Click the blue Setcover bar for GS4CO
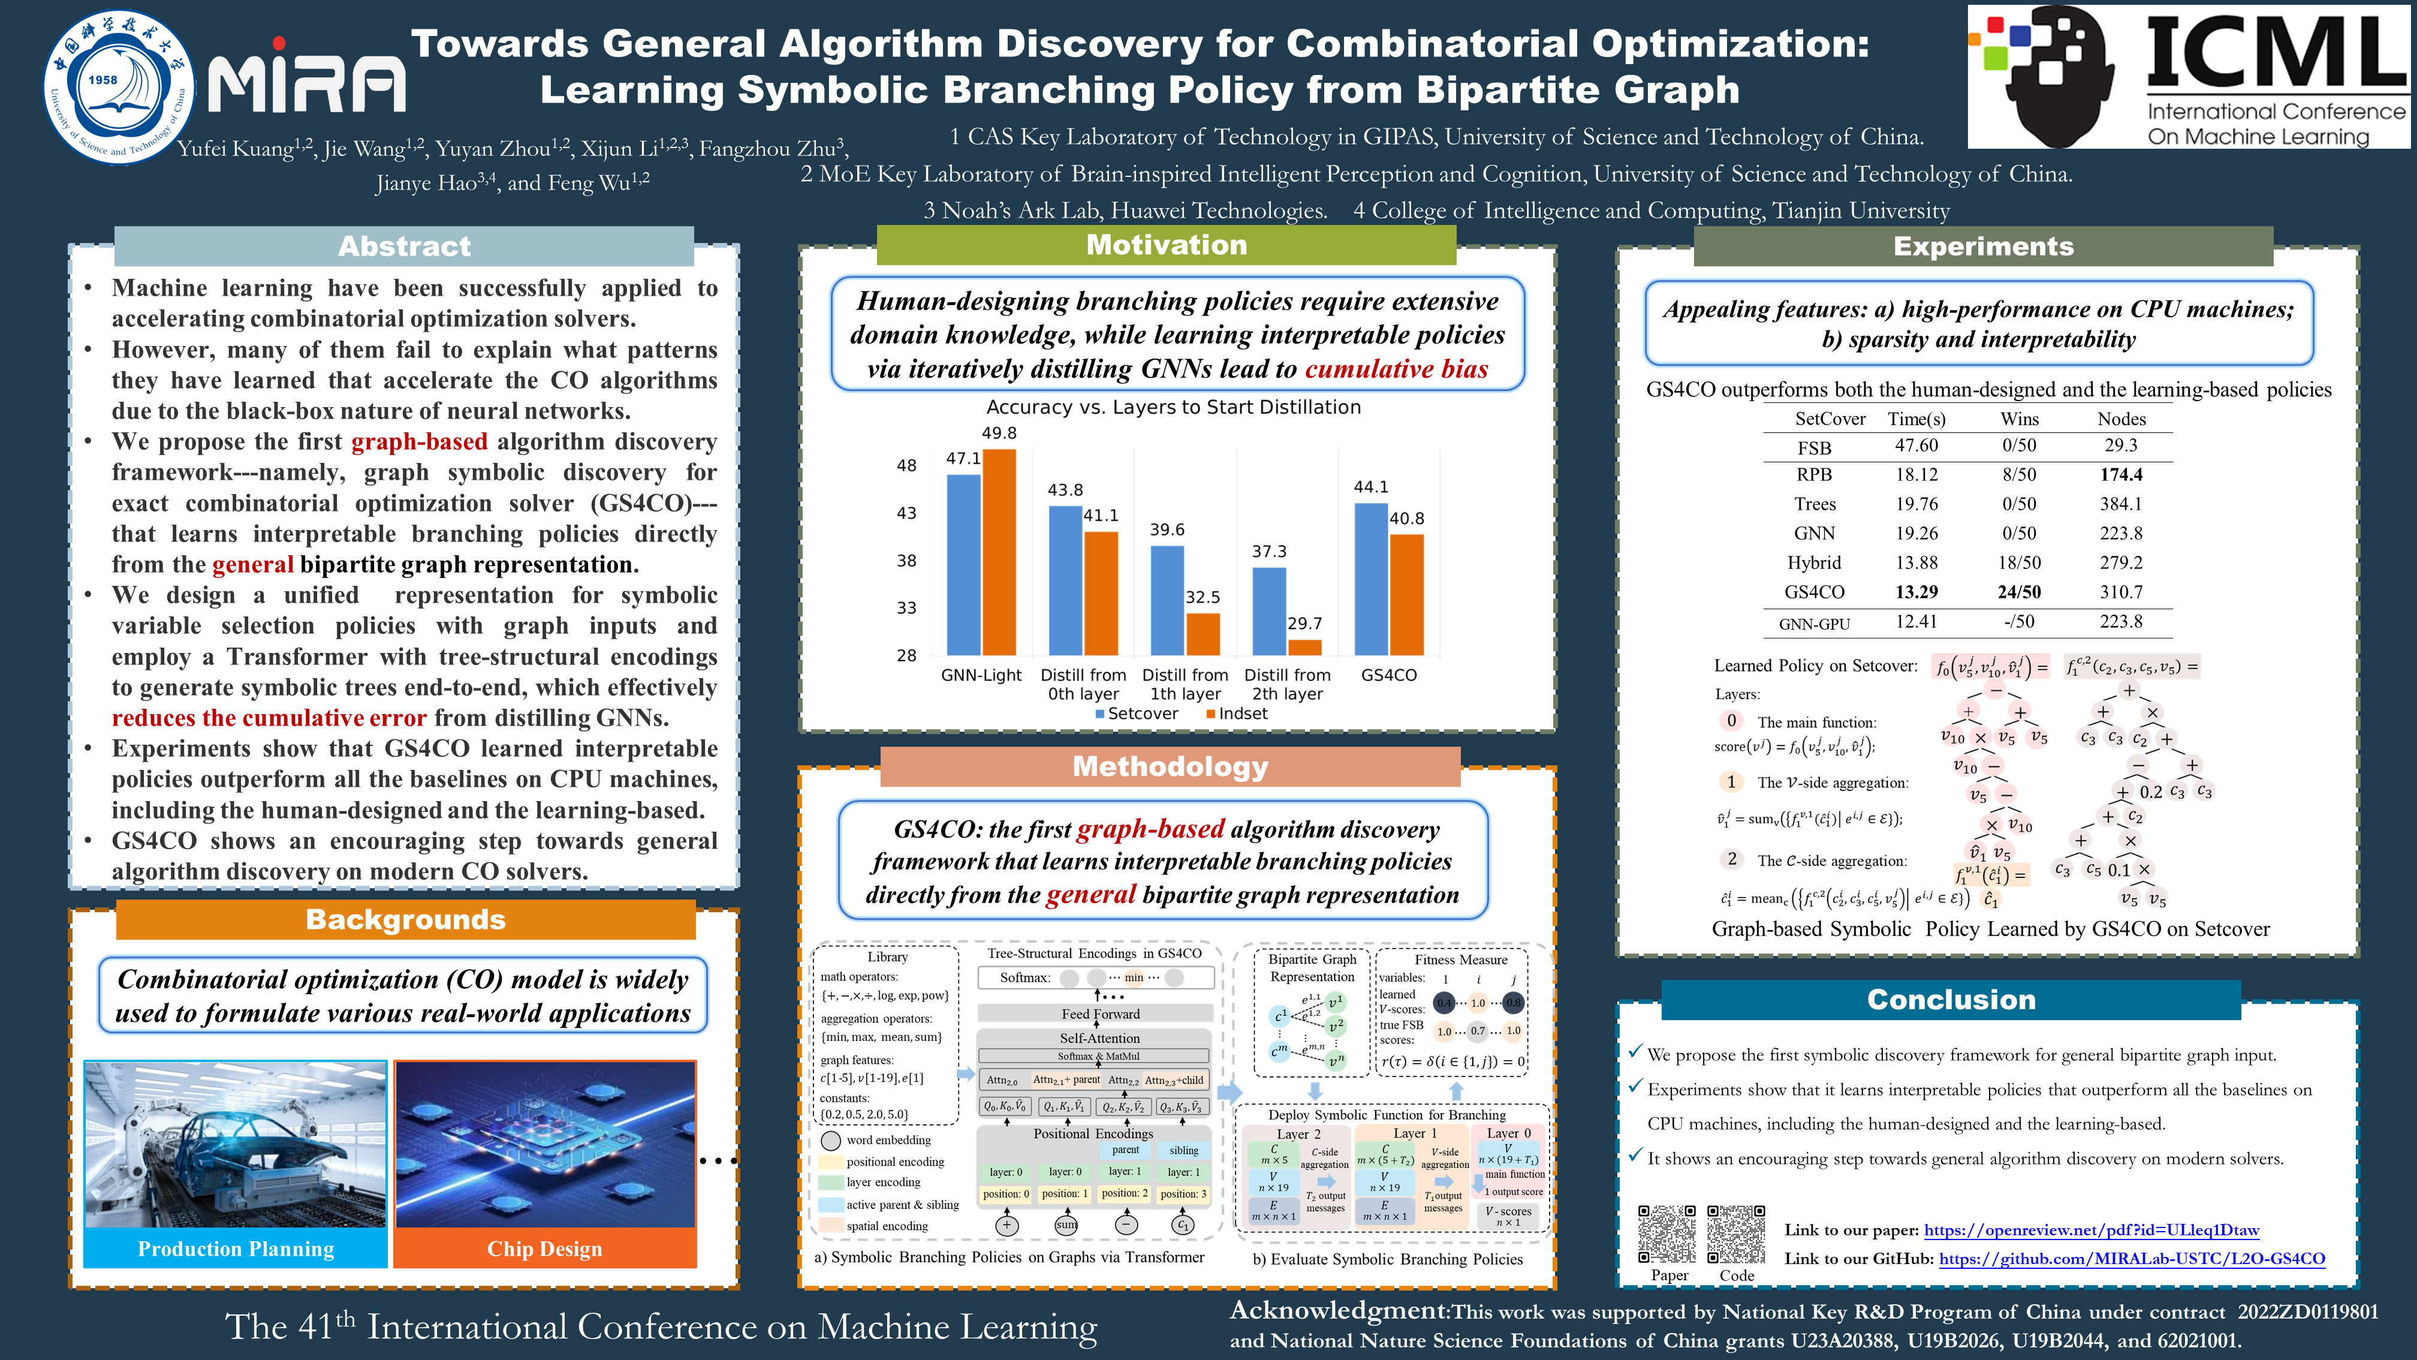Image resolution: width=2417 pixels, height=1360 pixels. tap(1371, 579)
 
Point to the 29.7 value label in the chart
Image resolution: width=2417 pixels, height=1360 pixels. tap(1304, 623)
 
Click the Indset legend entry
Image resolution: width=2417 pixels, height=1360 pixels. tap(1237, 714)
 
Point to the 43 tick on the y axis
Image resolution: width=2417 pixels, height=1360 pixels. tap(906, 513)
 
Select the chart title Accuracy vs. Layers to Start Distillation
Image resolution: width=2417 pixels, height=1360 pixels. tap(1173, 407)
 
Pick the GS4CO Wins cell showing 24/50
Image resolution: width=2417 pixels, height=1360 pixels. tap(2019, 592)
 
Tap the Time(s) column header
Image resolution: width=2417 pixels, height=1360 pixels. tap(1916, 419)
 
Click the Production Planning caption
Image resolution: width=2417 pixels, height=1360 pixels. tap(236, 1249)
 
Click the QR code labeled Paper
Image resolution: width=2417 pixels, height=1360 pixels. tap(1667, 1234)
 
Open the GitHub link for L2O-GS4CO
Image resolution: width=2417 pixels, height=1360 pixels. tap(2132, 1259)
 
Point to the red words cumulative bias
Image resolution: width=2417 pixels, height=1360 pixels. tap(1396, 369)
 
